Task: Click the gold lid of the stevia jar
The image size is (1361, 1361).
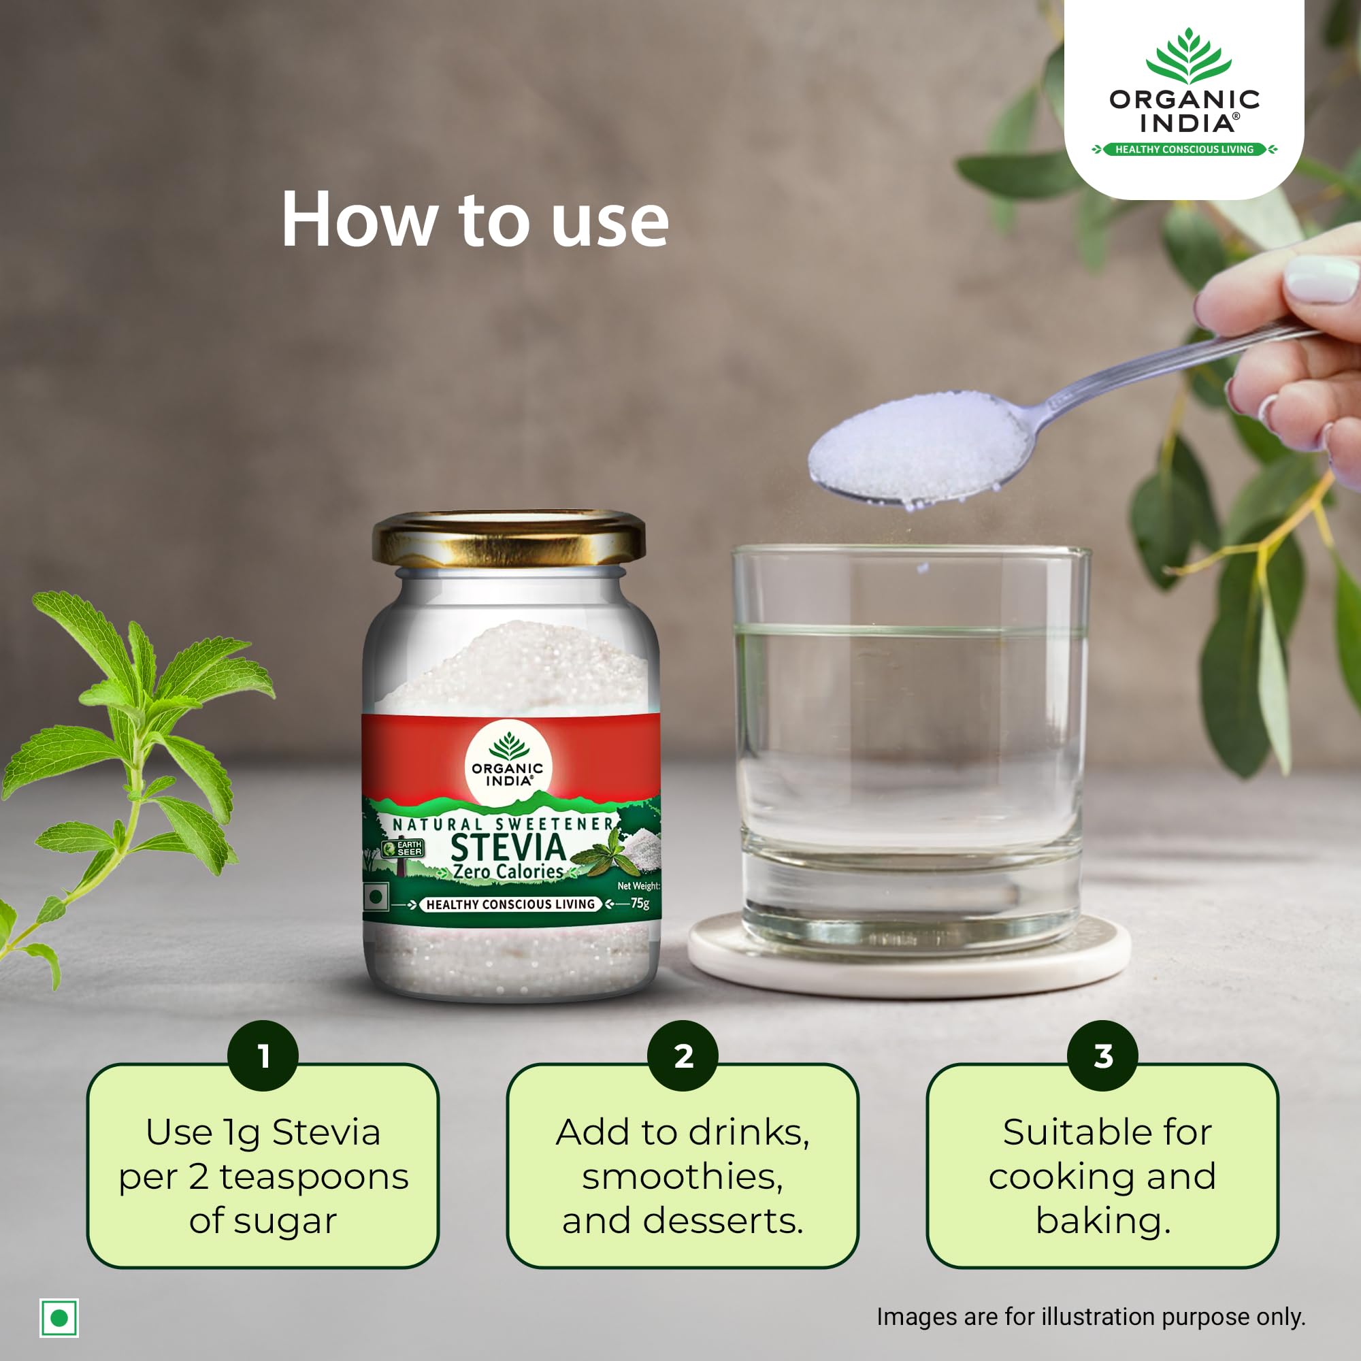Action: click(508, 540)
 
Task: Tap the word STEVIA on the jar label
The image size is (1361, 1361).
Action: click(508, 847)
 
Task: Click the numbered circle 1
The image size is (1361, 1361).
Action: click(263, 1055)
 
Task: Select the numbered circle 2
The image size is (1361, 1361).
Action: click(683, 1055)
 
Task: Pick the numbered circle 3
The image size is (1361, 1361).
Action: click(1102, 1055)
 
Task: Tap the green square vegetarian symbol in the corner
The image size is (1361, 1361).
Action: click(59, 1318)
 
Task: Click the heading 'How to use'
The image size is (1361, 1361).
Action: click(475, 220)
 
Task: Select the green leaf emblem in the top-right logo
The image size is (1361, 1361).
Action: click(1188, 56)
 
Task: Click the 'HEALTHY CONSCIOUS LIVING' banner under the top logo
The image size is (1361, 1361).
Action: click(1184, 149)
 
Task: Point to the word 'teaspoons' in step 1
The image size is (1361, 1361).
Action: click(314, 1177)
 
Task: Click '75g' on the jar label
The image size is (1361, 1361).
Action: click(640, 903)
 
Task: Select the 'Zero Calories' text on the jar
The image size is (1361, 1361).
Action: click(508, 872)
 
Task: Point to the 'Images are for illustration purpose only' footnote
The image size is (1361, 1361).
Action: click(1090, 1317)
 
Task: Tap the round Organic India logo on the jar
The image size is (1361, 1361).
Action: click(508, 762)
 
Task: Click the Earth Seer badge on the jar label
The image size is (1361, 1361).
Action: click(402, 848)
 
